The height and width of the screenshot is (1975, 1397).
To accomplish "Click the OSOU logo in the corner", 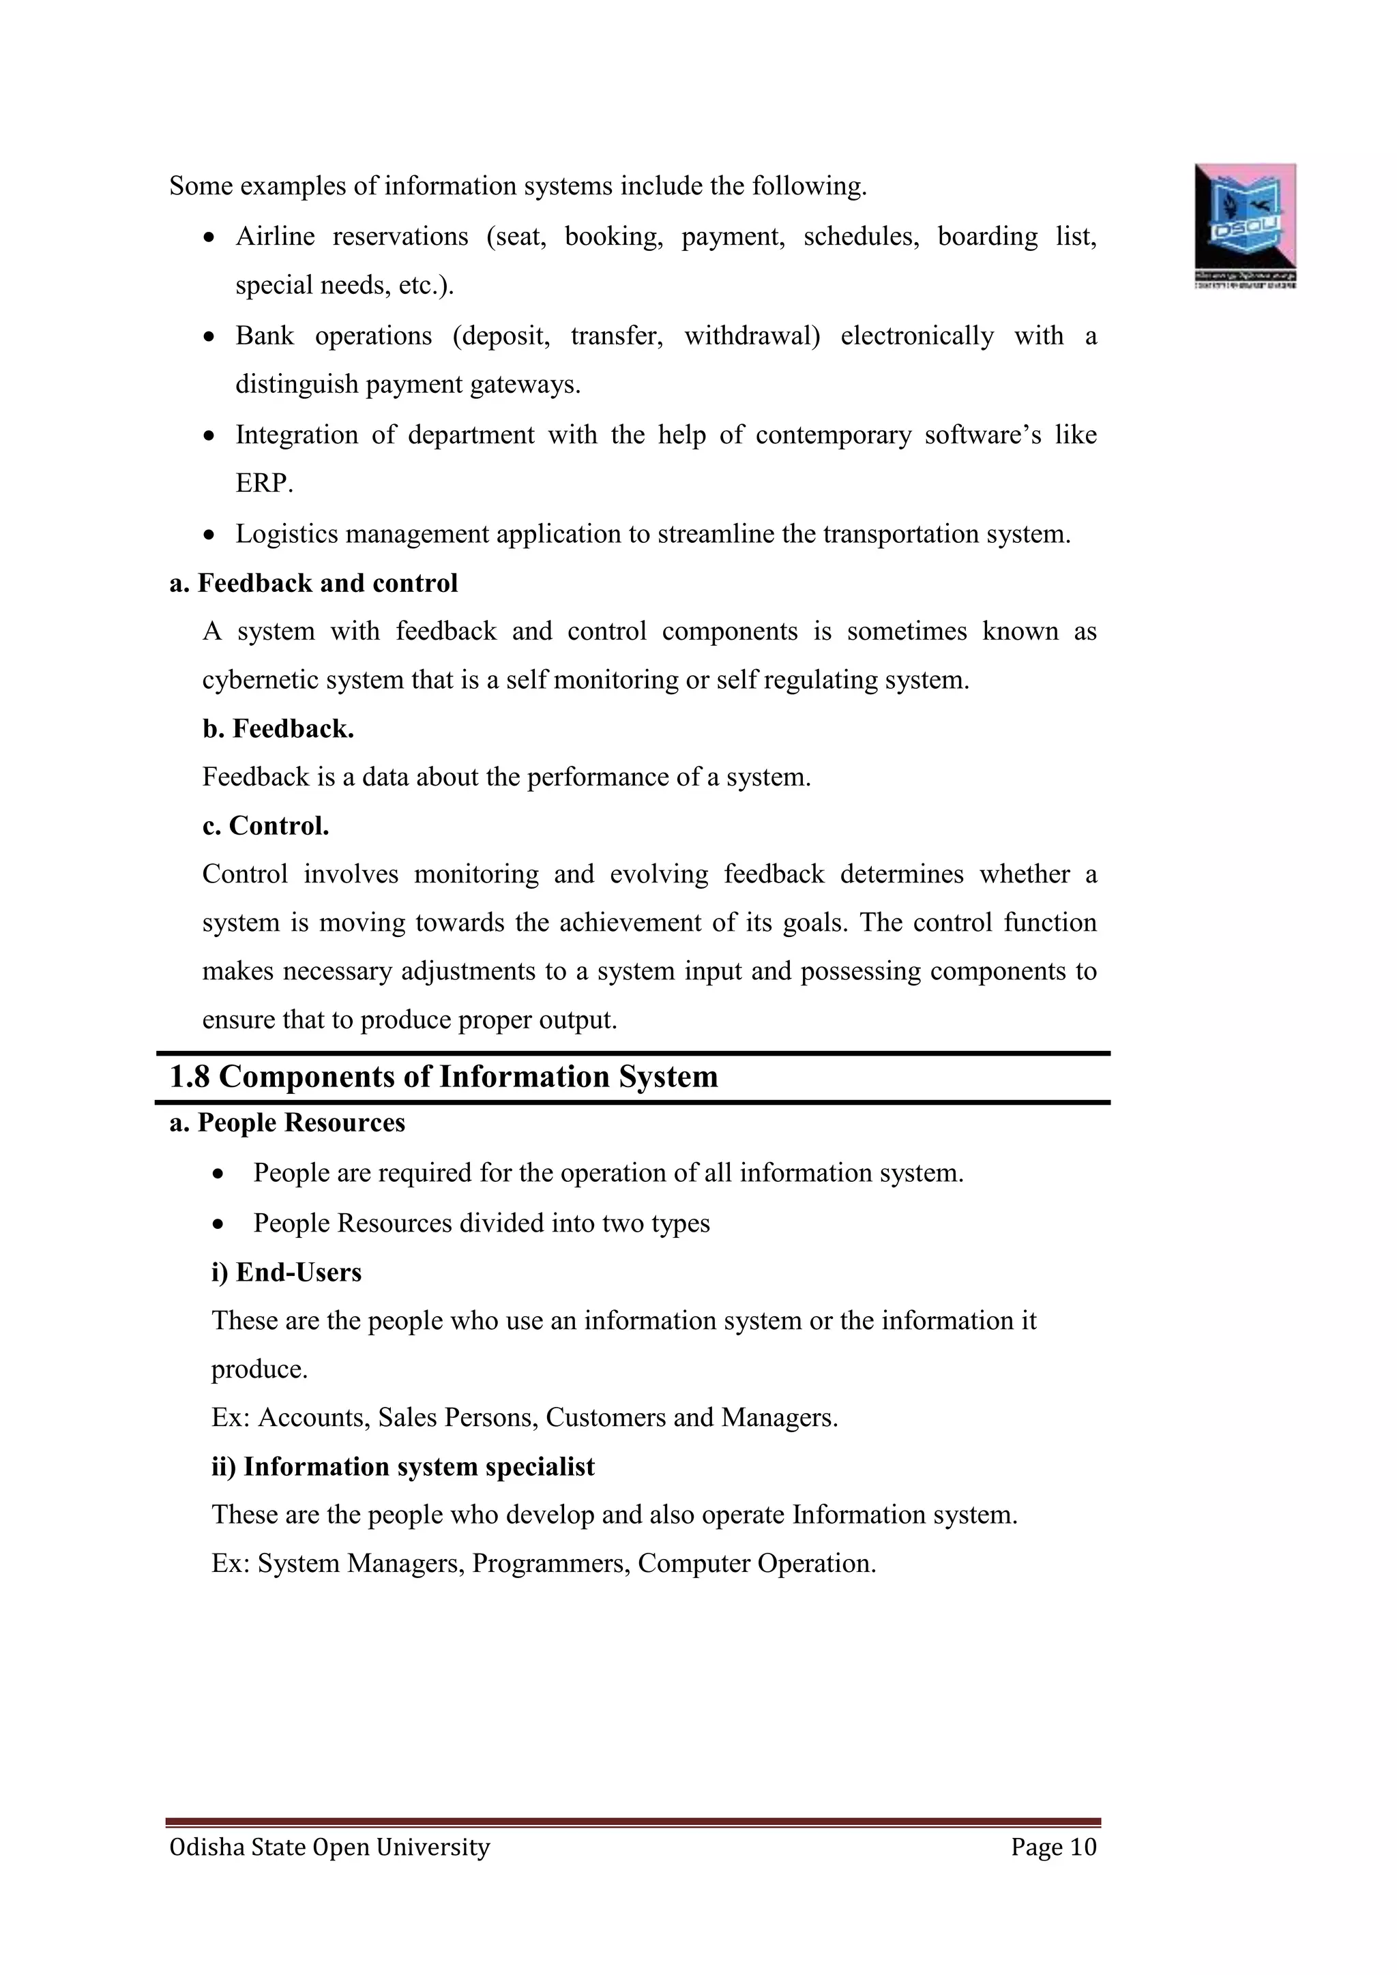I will [x=1245, y=224].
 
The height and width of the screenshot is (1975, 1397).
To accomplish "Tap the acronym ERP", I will [x=263, y=484].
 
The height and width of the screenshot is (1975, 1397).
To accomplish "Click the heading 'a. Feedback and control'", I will [x=314, y=583].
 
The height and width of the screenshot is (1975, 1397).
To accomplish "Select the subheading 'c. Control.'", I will [x=266, y=826].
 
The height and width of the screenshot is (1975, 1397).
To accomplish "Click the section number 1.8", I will [x=189, y=1076].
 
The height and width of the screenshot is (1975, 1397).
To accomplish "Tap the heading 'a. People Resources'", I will [x=287, y=1123].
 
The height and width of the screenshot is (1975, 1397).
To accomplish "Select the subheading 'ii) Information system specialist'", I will [x=402, y=1467].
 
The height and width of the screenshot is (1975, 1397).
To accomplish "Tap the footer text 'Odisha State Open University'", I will [x=329, y=1847].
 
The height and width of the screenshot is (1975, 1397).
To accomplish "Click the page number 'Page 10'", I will [x=1054, y=1847].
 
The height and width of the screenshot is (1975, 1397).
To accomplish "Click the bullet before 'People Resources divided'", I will [x=220, y=1224].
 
